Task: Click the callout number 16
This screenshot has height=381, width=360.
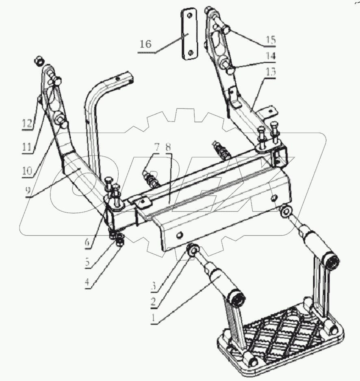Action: pyautogui.click(x=145, y=44)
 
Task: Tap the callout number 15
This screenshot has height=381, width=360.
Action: pyautogui.click(x=271, y=40)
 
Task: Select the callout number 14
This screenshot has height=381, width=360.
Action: pyautogui.click(x=271, y=56)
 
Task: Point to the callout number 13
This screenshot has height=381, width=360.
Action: pyautogui.click(x=271, y=72)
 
